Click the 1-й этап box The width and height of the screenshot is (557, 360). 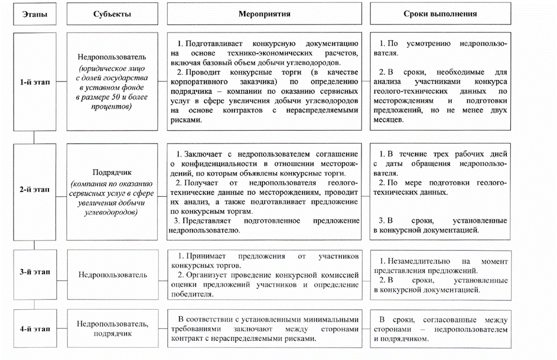tap(34, 82)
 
